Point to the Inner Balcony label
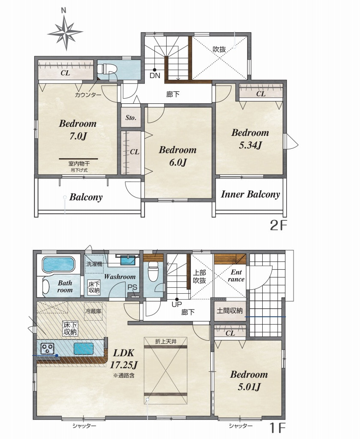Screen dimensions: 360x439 250,194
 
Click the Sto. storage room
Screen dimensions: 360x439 131,117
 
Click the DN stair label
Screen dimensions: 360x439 155,75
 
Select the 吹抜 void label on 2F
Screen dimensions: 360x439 219,49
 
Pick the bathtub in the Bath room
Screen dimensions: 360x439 59,264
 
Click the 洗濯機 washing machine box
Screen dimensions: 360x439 94,264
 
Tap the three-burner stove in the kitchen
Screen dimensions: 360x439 47,349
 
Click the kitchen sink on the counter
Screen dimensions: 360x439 83,348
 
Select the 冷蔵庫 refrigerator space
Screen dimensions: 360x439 93,311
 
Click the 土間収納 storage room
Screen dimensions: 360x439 230,310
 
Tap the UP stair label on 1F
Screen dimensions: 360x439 177,304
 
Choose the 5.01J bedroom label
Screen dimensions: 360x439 249,381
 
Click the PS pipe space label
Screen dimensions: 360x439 132,287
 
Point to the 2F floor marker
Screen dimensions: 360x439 279,225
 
